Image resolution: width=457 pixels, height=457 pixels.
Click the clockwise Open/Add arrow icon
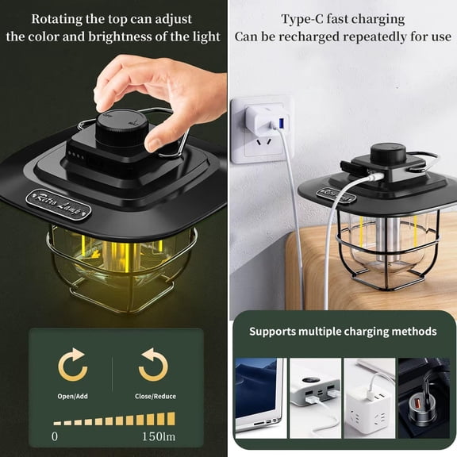click(x=73, y=364)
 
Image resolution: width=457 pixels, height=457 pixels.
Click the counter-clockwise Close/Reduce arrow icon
click(x=153, y=364)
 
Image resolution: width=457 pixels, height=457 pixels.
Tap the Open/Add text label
click(x=73, y=396)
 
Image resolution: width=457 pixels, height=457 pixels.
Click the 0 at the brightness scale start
click(x=55, y=436)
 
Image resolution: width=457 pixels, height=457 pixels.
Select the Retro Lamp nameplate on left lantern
click(x=58, y=202)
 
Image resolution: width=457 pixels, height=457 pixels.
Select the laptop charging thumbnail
click(x=259, y=397)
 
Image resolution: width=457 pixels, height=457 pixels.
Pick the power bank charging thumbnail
click(x=314, y=397)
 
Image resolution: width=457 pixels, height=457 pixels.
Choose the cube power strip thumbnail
click(x=369, y=397)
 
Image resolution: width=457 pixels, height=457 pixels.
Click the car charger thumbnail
click(x=424, y=397)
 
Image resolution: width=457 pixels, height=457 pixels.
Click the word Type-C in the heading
click(x=303, y=19)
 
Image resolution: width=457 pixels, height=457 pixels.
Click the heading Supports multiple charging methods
click(x=343, y=331)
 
